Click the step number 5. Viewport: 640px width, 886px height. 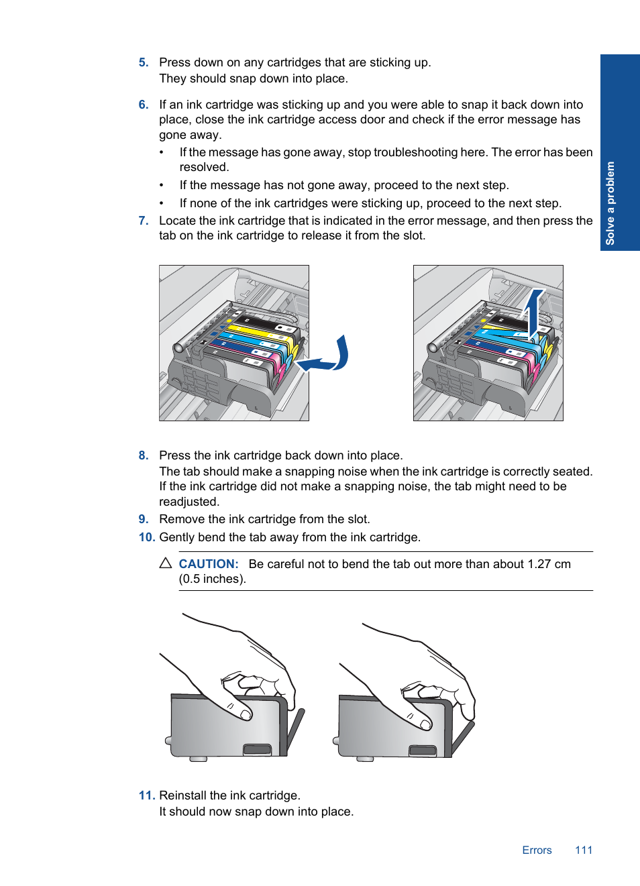[143, 62]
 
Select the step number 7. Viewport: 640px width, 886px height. [143, 221]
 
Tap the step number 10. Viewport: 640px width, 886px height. [146, 537]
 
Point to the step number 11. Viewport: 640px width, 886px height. [146, 795]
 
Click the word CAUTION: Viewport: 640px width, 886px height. [209, 564]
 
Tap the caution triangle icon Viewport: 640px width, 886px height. [166, 563]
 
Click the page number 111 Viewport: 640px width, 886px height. [584, 850]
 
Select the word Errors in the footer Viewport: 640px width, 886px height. [537, 850]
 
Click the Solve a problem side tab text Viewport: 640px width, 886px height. [610, 203]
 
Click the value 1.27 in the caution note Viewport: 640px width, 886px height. [539, 564]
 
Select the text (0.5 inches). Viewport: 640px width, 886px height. [213, 579]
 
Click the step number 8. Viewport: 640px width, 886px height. [143, 455]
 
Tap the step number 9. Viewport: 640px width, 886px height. [143, 519]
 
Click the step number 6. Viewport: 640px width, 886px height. [143, 105]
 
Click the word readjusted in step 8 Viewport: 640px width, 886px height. [189, 502]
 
